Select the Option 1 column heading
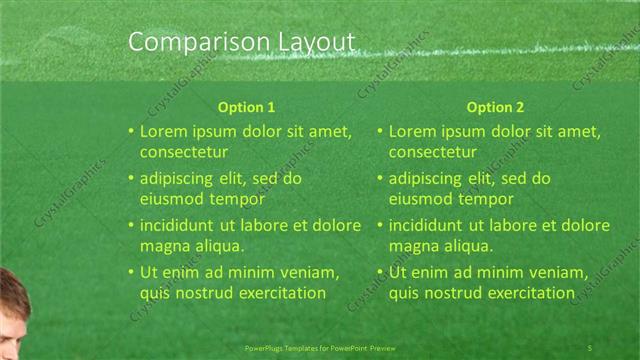coord(246,107)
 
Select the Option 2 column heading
coord(495,107)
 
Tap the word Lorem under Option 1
coord(163,131)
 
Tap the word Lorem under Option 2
coord(412,131)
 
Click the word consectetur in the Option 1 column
coord(183,153)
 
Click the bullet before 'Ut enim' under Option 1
coord(130,272)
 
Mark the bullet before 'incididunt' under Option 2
coord(380,225)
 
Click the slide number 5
coord(590,346)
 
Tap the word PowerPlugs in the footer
coord(265,347)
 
